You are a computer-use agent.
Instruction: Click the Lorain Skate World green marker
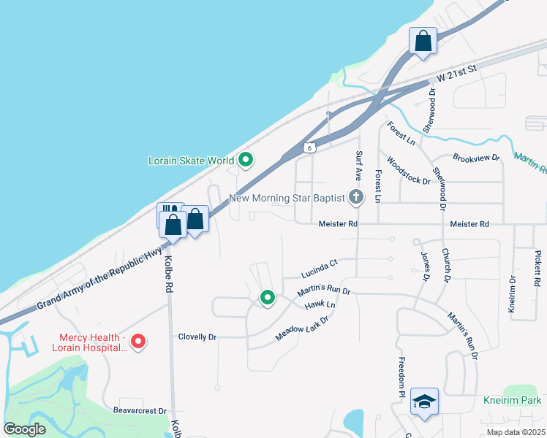(x=246, y=160)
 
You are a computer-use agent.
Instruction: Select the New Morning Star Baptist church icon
(x=356, y=197)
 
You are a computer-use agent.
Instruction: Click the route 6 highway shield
(x=310, y=147)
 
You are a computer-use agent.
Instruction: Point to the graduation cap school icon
(x=424, y=401)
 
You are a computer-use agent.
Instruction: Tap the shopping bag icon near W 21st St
(x=423, y=41)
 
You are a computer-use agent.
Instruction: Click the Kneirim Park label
(x=512, y=401)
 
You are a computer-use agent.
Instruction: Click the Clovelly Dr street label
(x=197, y=337)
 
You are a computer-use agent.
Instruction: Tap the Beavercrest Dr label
(x=140, y=411)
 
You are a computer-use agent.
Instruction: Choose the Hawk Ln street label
(x=320, y=304)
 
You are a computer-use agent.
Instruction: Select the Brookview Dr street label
(x=476, y=157)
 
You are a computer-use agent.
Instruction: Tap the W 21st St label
(x=456, y=72)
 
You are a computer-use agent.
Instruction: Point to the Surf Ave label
(x=359, y=166)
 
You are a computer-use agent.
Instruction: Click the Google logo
(x=25, y=429)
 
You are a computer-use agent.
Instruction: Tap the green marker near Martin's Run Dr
(x=268, y=298)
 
